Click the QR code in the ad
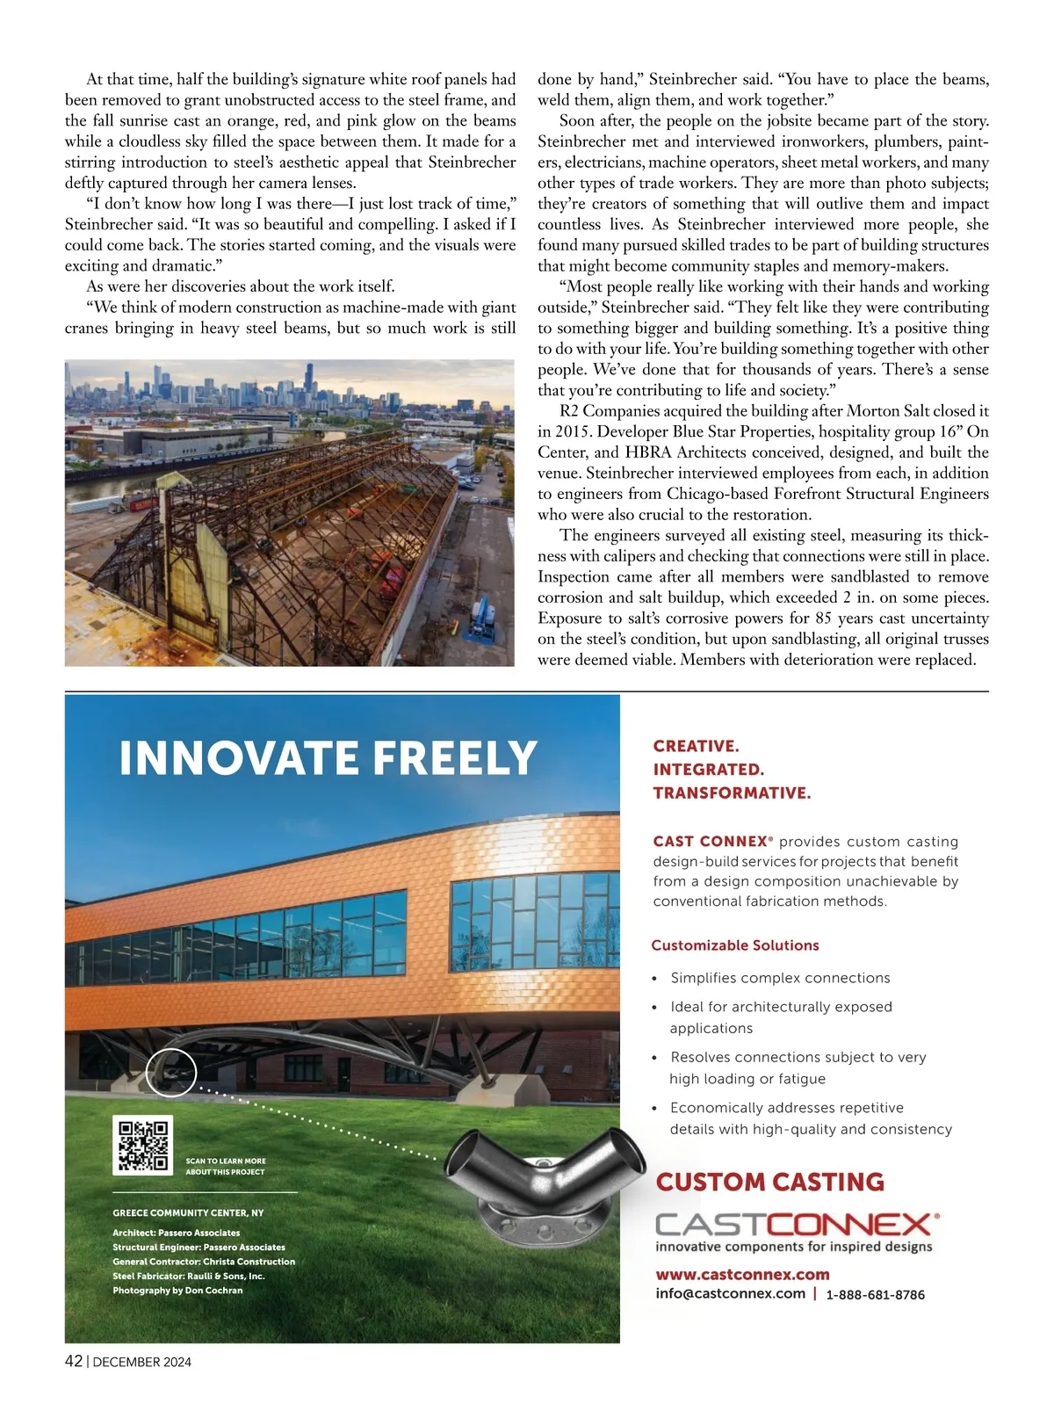point(142,1145)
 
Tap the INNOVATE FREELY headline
point(328,758)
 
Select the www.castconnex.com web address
point(742,1274)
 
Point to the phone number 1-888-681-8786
point(875,1294)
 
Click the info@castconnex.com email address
point(730,1293)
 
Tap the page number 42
point(74,1361)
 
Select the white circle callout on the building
point(170,1073)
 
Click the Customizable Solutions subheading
point(734,945)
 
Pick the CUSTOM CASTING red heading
point(769,1182)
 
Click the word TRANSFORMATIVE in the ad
point(731,792)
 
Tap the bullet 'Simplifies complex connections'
point(780,978)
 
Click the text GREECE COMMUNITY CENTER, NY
point(188,1212)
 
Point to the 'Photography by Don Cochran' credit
point(177,1290)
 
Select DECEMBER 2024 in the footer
point(141,1362)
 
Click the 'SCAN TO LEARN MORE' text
point(225,1161)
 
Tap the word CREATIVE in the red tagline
point(695,746)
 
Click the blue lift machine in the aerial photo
point(480,619)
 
